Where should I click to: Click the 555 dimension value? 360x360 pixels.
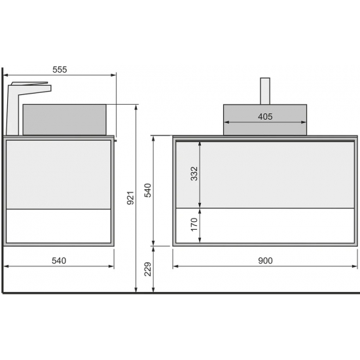click(x=60, y=69)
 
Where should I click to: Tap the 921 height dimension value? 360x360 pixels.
click(x=130, y=198)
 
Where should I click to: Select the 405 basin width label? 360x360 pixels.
click(x=265, y=117)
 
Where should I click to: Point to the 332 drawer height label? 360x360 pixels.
click(x=194, y=174)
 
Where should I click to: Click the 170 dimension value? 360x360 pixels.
click(x=194, y=225)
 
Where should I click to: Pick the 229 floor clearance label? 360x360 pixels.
click(x=148, y=269)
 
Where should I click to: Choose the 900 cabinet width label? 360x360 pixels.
click(x=265, y=261)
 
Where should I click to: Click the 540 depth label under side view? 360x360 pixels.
click(x=59, y=261)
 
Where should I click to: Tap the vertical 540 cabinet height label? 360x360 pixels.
click(x=148, y=190)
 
